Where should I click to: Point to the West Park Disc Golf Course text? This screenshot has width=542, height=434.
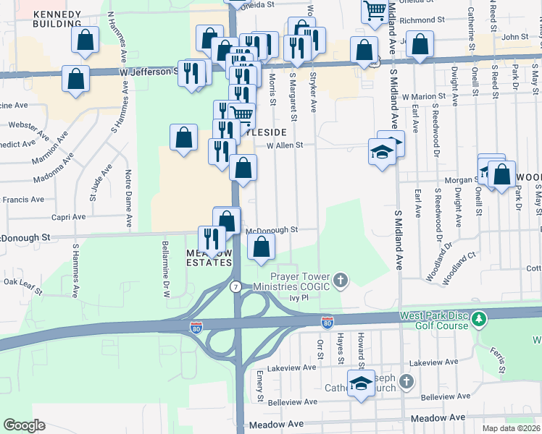433,323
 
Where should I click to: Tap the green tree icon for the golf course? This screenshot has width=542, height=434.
478,318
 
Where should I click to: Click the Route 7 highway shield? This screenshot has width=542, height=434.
235,287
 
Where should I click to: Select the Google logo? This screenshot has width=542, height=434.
24,425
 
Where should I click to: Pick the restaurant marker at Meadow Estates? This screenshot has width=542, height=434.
212,239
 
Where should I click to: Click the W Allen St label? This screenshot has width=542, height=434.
284,145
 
